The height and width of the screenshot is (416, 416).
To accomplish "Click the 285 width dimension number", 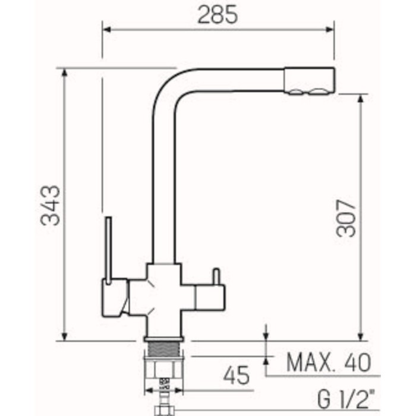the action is pyautogui.click(x=218, y=15).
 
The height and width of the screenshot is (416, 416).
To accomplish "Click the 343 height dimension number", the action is pyautogui.click(x=50, y=206).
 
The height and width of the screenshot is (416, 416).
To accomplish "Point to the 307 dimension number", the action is pyautogui.click(x=345, y=218).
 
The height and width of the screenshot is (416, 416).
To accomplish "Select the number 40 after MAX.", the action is pyautogui.click(x=358, y=362).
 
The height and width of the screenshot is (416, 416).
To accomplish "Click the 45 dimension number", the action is pyautogui.click(x=236, y=376).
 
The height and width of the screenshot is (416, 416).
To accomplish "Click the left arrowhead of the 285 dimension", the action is pyautogui.click(x=106, y=29).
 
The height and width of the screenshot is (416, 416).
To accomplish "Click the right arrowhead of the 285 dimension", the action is pyautogui.click(x=330, y=29).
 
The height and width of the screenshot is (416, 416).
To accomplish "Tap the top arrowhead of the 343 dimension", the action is pyautogui.click(x=64, y=73).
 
